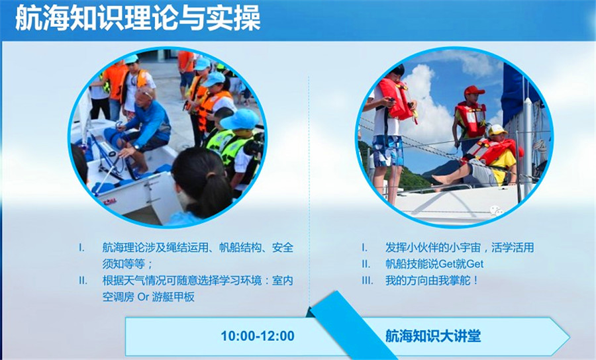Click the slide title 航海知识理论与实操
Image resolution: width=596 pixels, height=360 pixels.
coord(138,19)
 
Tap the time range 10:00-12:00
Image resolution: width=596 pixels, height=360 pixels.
coord(258,336)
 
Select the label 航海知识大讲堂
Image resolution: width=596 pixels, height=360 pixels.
coord(433,336)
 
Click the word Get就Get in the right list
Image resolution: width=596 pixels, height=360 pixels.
coord(461,264)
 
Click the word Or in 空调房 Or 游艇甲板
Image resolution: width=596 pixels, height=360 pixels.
coord(143,297)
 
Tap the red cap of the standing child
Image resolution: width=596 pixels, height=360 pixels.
coord(473,91)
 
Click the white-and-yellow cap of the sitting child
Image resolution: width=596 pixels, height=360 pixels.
coord(497,130)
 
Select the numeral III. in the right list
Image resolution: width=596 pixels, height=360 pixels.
coord(367,281)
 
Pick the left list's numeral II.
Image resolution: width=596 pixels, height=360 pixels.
coord(83,281)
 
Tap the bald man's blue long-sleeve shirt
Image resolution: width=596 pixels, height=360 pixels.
coord(151,122)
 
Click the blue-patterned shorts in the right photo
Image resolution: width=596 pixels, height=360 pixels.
coord(387,151)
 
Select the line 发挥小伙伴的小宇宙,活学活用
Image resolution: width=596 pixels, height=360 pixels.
coord(459,247)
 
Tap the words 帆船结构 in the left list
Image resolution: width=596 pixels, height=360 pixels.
coord(240,247)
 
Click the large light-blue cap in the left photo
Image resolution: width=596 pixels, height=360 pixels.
coord(240,120)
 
